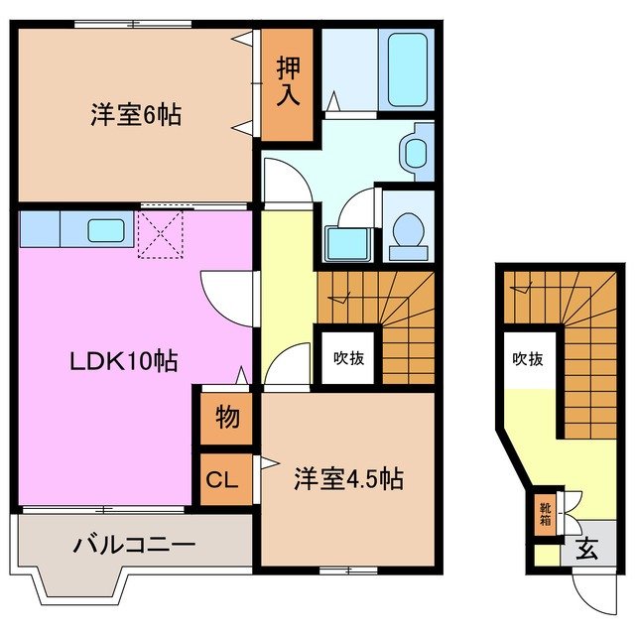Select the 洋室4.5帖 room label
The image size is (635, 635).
[x=347, y=479]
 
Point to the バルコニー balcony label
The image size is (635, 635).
[x=134, y=545]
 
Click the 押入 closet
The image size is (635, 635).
[x=288, y=82]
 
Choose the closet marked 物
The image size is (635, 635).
[x=227, y=418]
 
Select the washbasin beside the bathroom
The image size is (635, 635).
[x=415, y=151]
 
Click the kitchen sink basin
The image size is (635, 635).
[x=104, y=230]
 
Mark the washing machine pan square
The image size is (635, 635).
[x=347, y=241]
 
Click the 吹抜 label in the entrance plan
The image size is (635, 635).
[x=528, y=359]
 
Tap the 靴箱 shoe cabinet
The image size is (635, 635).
[x=546, y=515]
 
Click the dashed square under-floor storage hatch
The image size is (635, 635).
[x=161, y=233]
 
